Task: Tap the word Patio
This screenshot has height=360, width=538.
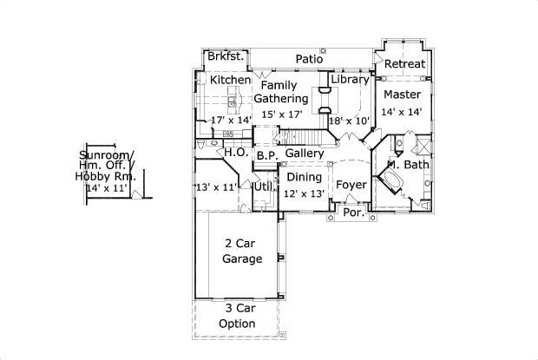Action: pyautogui.click(x=309, y=60)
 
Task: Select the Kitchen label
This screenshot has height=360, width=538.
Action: pyautogui.click(x=230, y=80)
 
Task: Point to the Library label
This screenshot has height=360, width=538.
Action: pyautogui.click(x=351, y=80)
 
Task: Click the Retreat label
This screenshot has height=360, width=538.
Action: pyautogui.click(x=404, y=64)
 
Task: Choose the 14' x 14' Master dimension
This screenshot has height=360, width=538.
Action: pyautogui.click(x=403, y=112)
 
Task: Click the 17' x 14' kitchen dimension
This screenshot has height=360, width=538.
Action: pyautogui.click(x=231, y=120)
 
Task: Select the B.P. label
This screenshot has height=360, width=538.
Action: pyautogui.click(x=266, y=156)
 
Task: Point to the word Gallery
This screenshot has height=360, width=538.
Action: pyautogui.click(x=305, y=154)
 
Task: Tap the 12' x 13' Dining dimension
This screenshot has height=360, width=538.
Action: pyautogui.click(x=304, y=193)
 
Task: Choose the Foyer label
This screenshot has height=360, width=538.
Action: pyautogui.click(x=351, y=185)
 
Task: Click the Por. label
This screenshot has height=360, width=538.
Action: pyautogui.click(x=353, y=213)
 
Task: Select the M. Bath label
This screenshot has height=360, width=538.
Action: pyautogui.click(x=408, y=164)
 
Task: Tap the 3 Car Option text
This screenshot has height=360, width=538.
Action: pyautogui.click(x=237, y=316)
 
